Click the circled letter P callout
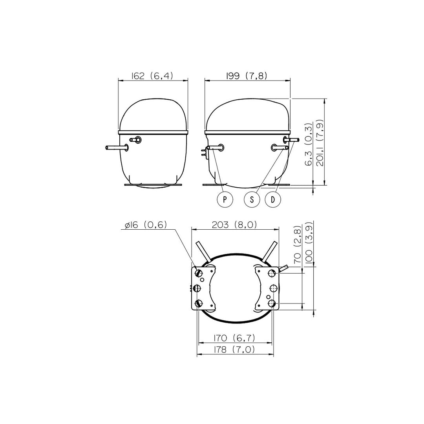pyautogui.click(x=225, y=199)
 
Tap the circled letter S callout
pyautogui.click(x=252, y=199)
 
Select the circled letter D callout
pyautogui.click(x=273, y=199)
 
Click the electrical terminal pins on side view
pyautogui.click(x=204, y=152)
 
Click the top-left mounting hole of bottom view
pyautogui.click(x=199, y=272)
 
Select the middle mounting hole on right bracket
pyautogui.click(x=273, y=289)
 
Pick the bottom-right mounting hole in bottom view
pyautogui.click(x=272, y=303)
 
